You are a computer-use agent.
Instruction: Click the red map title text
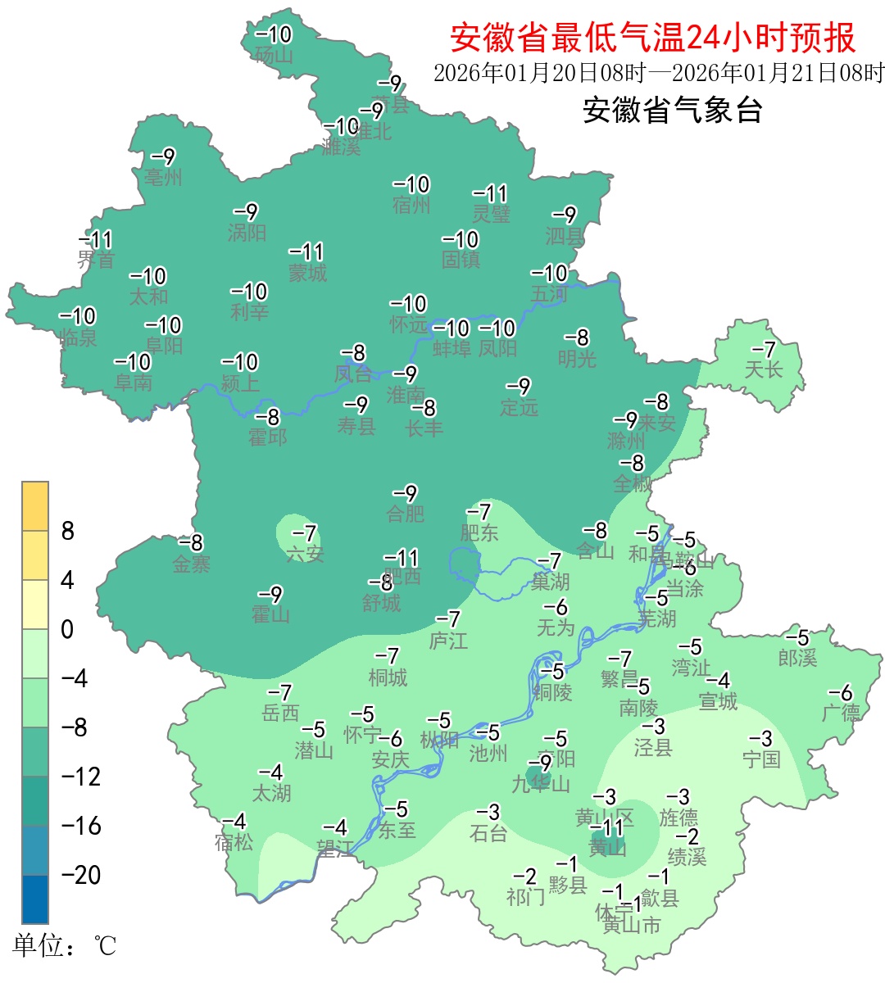652,37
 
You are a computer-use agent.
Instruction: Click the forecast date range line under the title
659,73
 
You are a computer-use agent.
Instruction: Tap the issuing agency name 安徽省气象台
673,110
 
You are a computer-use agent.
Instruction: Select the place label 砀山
274,56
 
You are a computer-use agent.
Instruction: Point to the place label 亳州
163,177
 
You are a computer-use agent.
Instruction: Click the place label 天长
764,369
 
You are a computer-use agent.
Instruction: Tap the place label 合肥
406,514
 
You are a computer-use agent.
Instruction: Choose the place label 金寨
192,564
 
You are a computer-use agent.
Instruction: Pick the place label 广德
841,713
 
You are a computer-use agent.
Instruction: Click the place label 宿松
234,842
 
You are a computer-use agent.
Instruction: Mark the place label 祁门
525,897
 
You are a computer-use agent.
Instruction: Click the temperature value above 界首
96,240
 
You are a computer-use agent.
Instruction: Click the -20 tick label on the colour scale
81,875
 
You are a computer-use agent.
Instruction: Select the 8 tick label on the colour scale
68,532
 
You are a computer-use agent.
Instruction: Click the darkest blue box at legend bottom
35,899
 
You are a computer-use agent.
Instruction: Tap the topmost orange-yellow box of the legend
35,506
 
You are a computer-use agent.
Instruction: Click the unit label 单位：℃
64,946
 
